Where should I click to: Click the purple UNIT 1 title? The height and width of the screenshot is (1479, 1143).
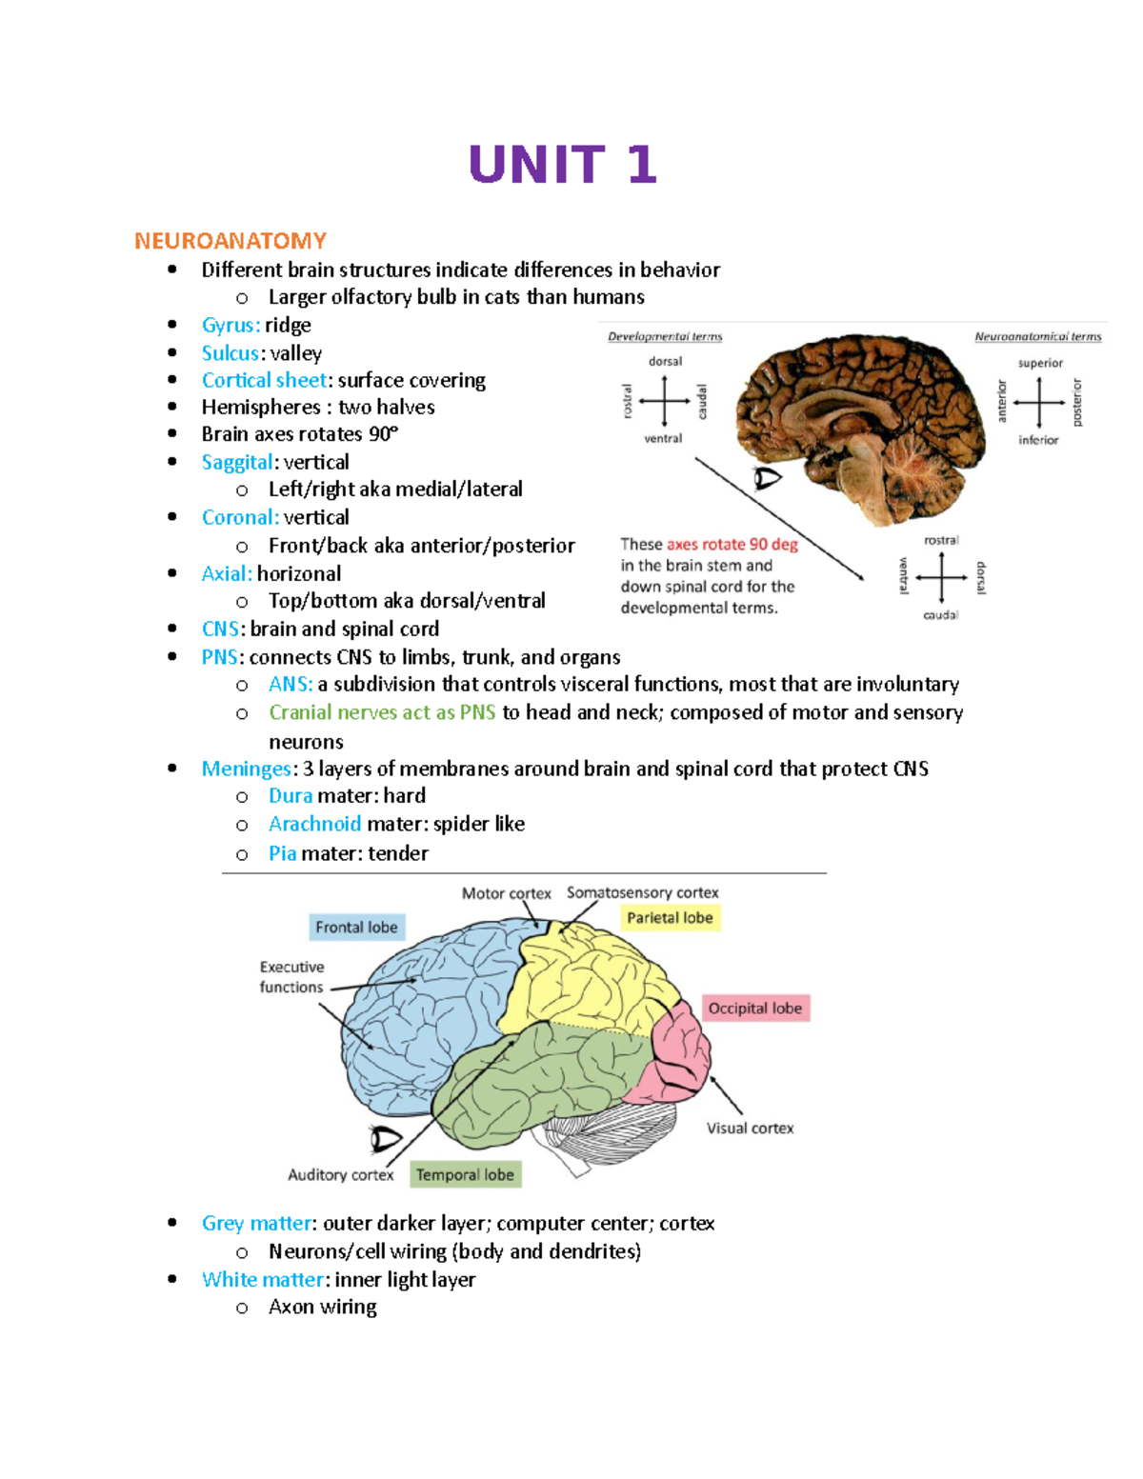click(x=562, y=165)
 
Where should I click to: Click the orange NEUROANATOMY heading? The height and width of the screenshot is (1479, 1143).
click(x=231, y=241)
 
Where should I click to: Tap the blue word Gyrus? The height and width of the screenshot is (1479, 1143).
click(x=229, y=326)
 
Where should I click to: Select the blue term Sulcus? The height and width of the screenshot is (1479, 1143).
click(x=230, y=353)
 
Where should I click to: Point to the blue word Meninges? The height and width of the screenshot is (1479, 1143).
click(x=246, y=769)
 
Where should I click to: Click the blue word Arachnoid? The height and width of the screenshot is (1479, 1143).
click(x=314, y=824)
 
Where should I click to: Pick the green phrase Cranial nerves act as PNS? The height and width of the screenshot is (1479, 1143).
click(x=382, y=712)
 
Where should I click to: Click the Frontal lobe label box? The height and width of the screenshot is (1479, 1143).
click(x=356, y=928)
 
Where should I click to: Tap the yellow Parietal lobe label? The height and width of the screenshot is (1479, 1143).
click(x=670, y=918)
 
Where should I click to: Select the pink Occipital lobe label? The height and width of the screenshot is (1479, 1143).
click(x=755, y=1009)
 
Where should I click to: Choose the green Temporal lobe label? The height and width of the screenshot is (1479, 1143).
click(x=465, y=1175)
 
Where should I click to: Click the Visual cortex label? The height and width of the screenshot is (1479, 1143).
click(x=750, y=1129)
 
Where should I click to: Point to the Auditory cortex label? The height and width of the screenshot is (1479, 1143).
click(x=340, y=1175)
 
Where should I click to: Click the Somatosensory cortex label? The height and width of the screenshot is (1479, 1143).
click(x=642, y=892)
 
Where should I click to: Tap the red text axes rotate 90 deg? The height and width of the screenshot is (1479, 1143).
click(x=732, y=545)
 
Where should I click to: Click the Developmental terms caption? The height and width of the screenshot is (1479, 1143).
click(x=665, y=336)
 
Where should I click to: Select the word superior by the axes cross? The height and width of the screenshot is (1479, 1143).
click(x=1040, y=363)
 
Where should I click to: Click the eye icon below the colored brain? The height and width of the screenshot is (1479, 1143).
click(x=386, y=1138)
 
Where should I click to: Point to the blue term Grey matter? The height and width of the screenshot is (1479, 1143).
click(x=256, y=1223)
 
